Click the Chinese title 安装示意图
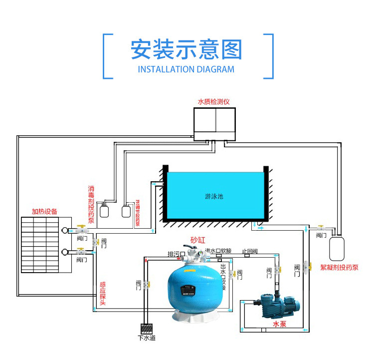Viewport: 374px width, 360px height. pos(186,50)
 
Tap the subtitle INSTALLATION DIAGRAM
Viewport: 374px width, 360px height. pos(186,70)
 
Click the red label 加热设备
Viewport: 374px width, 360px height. pos(44,211)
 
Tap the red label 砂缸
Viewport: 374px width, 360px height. pos(197,239)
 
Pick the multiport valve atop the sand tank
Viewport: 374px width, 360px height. pos(194,255)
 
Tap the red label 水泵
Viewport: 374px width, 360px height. pos(279,324)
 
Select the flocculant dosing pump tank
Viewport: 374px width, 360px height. pos(338,247)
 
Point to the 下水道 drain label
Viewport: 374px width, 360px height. pos(147,338)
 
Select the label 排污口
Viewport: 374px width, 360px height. pos(176,254)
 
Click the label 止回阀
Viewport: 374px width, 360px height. pos(250,251)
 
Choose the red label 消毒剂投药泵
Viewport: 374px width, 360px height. pos(91,205)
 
